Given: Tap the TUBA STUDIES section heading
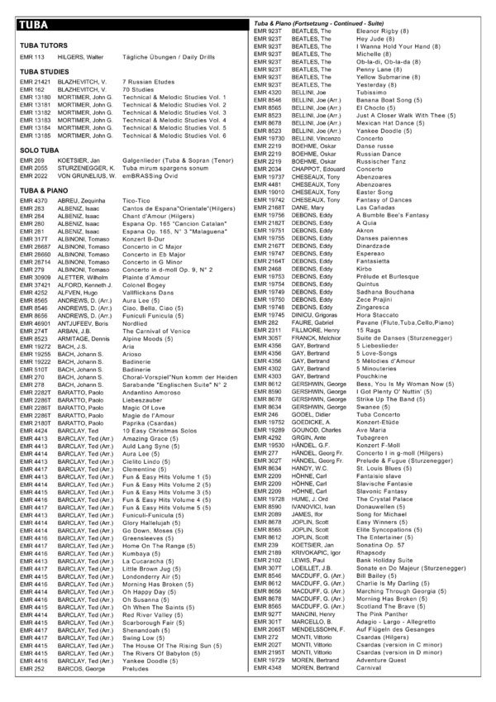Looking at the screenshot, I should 44,73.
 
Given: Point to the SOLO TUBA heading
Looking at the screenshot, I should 37,149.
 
